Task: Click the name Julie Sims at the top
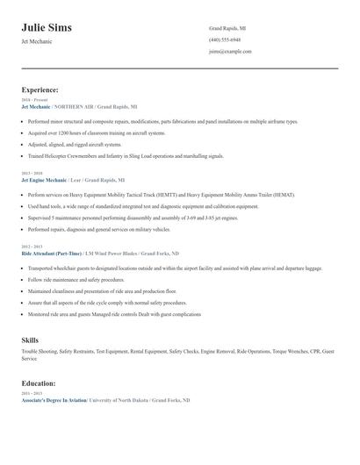[x=47, y=28]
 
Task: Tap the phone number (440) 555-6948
[x=225, y=39]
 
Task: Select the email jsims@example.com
[x=230, y=51]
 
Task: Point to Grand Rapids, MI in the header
[x=227, y=28]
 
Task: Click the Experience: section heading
[x=40, y=89]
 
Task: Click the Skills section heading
[x=30, y=339]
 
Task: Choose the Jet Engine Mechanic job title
[x=44, y=179]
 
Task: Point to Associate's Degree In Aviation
[x=54, y=400]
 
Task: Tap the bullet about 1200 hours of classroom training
[x=97, y=132]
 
